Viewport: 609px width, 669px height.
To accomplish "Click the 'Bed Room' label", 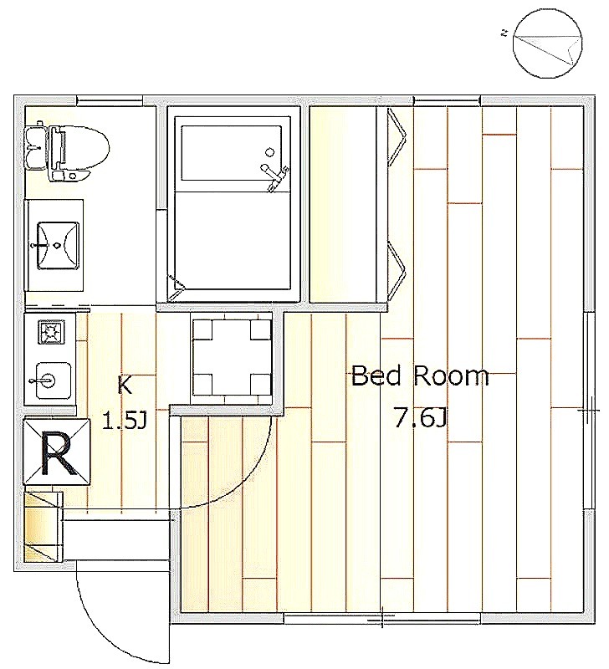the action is pyautogui.click(x=420, y=375).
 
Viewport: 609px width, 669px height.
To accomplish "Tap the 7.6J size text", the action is pyautogui.click(x=420, y=419).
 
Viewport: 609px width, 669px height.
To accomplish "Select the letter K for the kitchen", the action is pyautogui.click(x=124, y=386).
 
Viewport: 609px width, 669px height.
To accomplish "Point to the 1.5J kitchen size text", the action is pyautogui.click(x=125, y=421).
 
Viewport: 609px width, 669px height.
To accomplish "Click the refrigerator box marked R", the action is pyautogui.click(x=57, y=452).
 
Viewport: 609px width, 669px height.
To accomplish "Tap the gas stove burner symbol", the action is pyautogui.click(x=51, y=332).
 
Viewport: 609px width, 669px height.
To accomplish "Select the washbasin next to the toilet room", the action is pyautogui.click(x=59, y=245).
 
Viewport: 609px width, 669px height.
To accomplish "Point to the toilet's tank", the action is pyautogui.click(x=36, y=148).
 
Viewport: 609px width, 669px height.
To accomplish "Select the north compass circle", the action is pyautogui.click(x=549, y=44).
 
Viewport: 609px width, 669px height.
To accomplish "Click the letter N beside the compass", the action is pyautogui.click(x=505, y=33).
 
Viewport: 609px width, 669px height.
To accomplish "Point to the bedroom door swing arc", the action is pyautogui.click(x=239, y=487).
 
